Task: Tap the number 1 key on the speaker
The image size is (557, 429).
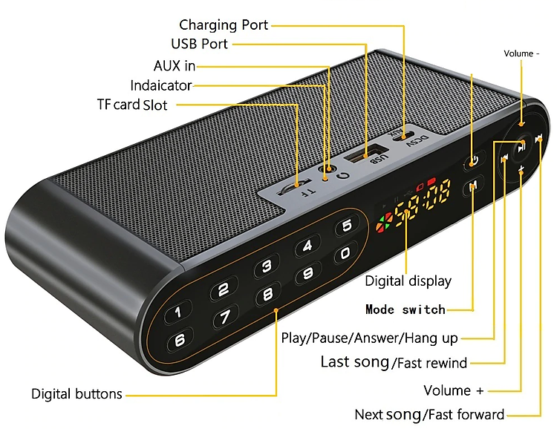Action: tap(178, 312)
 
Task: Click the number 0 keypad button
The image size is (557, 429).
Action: tap(345, 253)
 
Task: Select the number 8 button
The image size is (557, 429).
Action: tap(268, 294)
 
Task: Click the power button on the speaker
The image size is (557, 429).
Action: tap(475, 162)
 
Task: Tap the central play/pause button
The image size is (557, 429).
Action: tap(521, 146)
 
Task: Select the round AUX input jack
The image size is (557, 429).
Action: tap(328, 168)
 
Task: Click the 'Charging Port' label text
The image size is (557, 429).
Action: tap(224, 24)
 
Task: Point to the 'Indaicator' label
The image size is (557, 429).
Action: tap(161, 85)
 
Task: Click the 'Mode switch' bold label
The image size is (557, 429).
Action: tap(405, 310)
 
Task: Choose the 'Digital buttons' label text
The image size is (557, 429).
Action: tap(76, 394)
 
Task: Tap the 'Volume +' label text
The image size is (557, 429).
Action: tap(454, 390)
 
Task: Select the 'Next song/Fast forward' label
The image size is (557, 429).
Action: tap(429, 415)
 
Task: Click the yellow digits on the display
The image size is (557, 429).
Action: tap(423, 203)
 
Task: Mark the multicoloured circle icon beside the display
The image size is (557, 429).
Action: tap(385, 223)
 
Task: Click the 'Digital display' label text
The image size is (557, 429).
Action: tap(408, 281)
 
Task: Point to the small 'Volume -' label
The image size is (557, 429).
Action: tap(521, 53)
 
